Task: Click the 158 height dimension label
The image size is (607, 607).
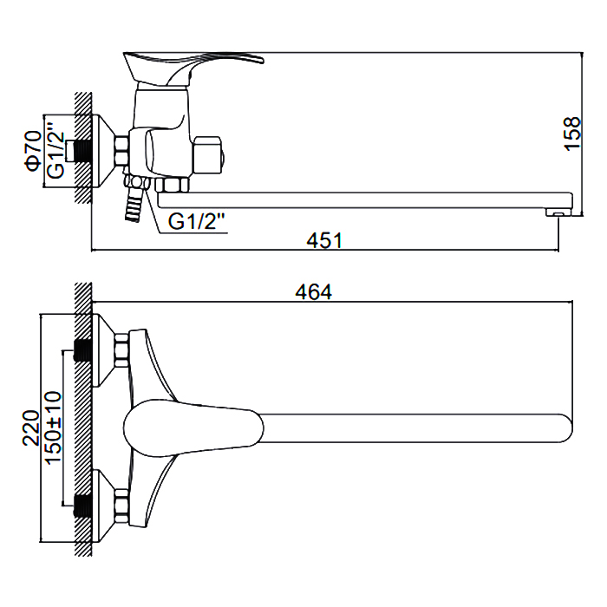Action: (x=572, y=134)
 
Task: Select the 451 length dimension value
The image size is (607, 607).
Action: (x=324, y=240)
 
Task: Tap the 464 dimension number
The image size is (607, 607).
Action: (x=314, y=292)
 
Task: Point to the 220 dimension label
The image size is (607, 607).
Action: (x=31, y=428)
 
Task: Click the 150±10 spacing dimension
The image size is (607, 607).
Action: (x=54, y=427)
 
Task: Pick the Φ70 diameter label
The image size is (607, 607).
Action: (x=33, y=150)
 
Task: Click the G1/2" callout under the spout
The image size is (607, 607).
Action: (x=197, y=221)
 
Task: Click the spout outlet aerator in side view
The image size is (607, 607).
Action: (x=558, y=212)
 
